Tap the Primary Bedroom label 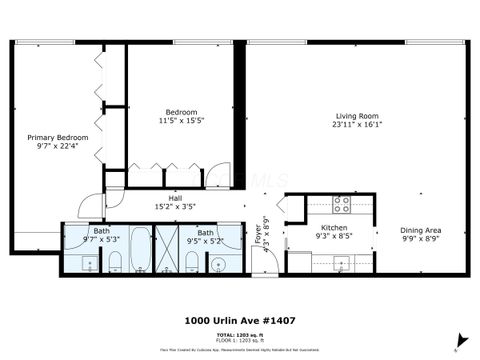(58, 137)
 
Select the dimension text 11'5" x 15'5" (181, 120)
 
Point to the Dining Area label (421, 230)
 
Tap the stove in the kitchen (341, 204)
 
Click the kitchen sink (340, 264)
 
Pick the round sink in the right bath (220, 264)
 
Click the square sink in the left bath (88, 264)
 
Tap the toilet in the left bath (114, 262)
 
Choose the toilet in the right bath (191, 262)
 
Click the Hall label (175, 199)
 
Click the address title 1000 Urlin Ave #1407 (239, 321)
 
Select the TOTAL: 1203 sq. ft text (239, 334)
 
